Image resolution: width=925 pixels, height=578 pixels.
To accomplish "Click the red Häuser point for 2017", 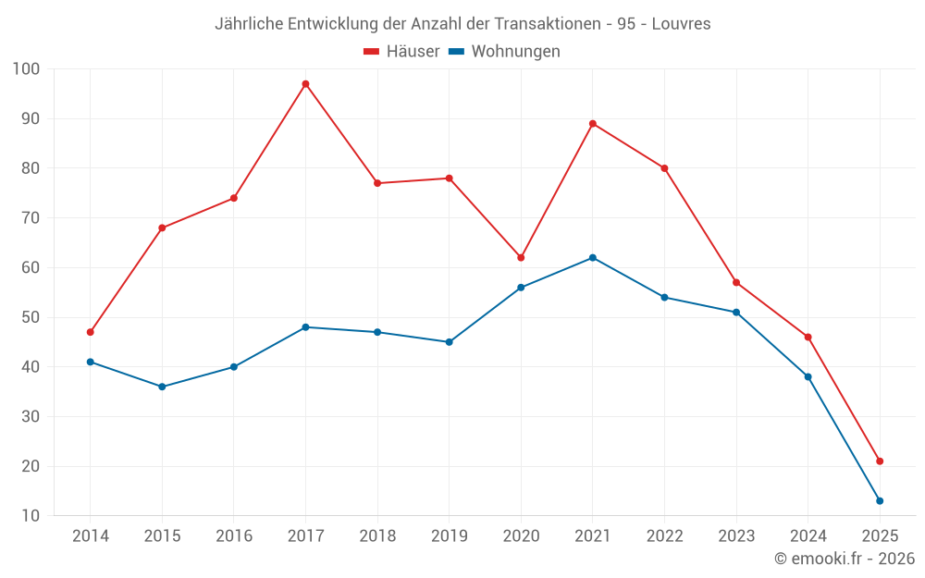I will coord(305,84).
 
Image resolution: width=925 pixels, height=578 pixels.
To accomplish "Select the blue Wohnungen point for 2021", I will coord(593,257).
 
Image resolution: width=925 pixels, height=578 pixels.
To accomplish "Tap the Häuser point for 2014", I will coord(90,332).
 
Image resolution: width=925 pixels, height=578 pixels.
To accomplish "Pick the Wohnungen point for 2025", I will coord(880,501).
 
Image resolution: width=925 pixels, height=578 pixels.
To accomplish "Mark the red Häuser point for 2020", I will coord(521,257).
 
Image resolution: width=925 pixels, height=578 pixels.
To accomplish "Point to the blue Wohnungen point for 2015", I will coord(162,387).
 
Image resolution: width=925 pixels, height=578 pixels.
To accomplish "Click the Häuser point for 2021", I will coord(593,123).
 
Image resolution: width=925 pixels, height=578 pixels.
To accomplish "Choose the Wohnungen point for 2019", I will coord(450,342).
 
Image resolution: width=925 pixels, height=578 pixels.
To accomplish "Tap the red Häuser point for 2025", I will coord(880,461).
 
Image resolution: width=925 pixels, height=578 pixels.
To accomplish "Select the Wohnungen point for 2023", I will coord(736,313).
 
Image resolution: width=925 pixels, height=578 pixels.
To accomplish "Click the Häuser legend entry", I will coord(401,52).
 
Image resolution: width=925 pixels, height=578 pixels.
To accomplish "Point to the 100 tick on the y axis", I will coord(27,69).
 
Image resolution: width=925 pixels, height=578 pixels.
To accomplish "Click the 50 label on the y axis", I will coord(30,317).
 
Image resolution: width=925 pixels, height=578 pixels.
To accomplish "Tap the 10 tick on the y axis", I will coord(30,516).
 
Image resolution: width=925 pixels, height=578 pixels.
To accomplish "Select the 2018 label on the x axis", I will coord(377,536).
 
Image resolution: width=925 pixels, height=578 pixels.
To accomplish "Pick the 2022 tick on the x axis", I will coord(665,536).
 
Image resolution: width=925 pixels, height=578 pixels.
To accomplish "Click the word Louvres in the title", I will coord(681,24).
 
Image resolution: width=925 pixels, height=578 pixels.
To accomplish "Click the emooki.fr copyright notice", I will coord(845,559).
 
